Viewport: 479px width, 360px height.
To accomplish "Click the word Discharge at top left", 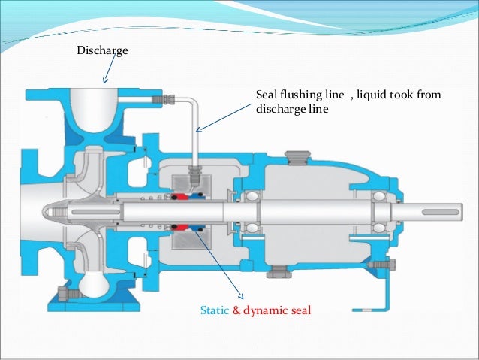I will (103, 51).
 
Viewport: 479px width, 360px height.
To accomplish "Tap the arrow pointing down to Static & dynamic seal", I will (221, 263).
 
